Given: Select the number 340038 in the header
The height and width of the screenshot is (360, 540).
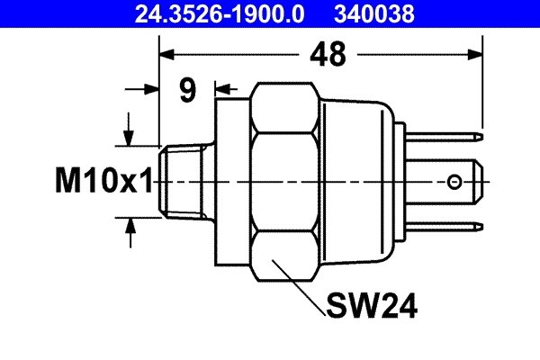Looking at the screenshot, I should [x=376, y=13].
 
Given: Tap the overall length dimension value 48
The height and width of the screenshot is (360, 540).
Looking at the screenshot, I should [x=329, y=55].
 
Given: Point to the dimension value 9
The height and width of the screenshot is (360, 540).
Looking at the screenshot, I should [x=187, y=90].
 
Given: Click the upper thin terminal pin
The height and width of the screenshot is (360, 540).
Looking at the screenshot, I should [x=450, y=138].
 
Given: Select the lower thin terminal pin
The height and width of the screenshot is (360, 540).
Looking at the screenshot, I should [x=450, y=226].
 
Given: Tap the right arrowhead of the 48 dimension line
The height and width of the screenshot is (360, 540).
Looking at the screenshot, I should [x=476, y=55].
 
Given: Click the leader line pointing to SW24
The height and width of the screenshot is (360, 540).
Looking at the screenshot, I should [x=301, y=287].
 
